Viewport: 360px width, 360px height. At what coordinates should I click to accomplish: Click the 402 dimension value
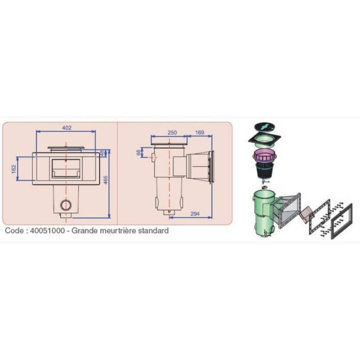pyautogui.click(x=67, y=128)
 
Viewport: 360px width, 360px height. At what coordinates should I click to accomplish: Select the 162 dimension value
pyautogui.click(x=14, y=169)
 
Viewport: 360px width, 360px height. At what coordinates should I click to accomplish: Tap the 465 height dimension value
pyautogui.click(x=106, y=180)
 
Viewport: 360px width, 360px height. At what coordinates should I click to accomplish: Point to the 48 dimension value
pyautogui.click(x=103, y=153)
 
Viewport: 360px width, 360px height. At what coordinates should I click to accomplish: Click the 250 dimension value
pyautogui.click(x=172, y=132)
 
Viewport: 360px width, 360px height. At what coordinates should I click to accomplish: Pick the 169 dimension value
pyautogui.click(x=199, y=132)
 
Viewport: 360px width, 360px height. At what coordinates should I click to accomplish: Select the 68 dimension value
pyautogui.click(x=139, y=153)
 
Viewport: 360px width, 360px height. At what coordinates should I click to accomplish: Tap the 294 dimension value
pyautogui.click(x=195, y=214)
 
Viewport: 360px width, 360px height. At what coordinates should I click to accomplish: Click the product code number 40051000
pyautogui.click(x=48, y=230)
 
